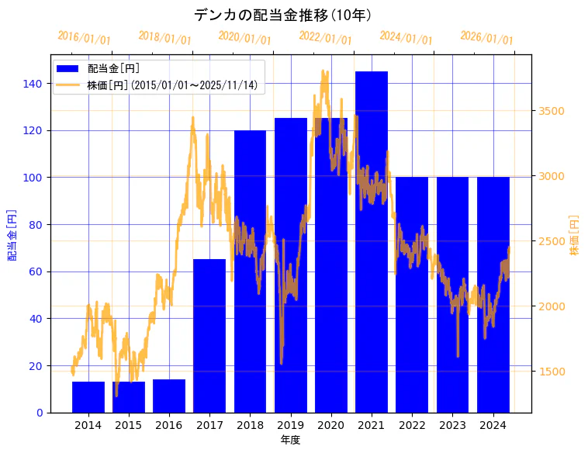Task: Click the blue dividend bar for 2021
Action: pos(372,240)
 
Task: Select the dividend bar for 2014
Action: pos(88,397)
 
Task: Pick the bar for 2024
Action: pos(493,295)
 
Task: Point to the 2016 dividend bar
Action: pos(169,396)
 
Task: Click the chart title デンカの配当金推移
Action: pos(282,15)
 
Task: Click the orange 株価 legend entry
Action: pos(171,85)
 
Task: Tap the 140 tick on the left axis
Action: pos(37,84)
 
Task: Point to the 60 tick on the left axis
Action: pos(37,271)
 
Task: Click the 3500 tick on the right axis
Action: pos(552,111)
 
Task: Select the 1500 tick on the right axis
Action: pos(552,372)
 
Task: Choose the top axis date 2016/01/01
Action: pos(85,39)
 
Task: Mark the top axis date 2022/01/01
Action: pos(325,38)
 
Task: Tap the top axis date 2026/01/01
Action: pos(486,38)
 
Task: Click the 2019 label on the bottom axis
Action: pos(291,425)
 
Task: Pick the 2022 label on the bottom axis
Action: pos(412,425)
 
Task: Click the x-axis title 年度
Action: pos(290,440)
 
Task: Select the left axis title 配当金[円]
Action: pos(12,234)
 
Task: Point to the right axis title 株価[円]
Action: pos(575,236)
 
